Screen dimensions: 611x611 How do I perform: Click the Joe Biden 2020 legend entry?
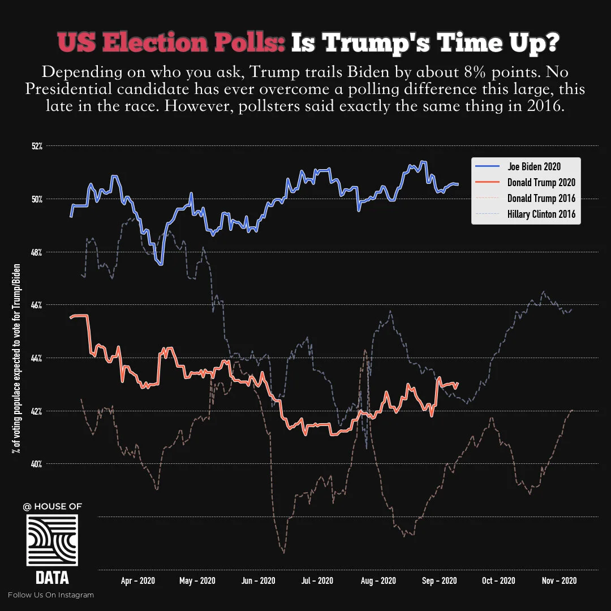[x=533, y=166]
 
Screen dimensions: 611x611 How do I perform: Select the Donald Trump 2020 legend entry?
[x=541, y=182]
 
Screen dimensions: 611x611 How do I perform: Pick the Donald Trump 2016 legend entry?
[x=541, y=198]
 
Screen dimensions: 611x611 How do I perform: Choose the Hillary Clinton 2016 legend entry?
[x=541, y=214]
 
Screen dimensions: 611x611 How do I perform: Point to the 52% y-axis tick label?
[x=37, y=146]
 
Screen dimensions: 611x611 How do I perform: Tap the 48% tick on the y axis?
[x=37, y=252]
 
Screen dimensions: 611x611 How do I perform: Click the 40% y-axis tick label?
[x=37, y=464]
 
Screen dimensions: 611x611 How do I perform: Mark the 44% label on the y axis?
[x=37, y=358]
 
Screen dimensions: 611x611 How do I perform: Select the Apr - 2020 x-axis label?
[x=138, y=580]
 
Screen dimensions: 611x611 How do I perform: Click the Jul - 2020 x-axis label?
[x=317, y=580]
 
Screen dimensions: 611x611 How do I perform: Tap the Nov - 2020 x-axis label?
[x=559, y=580]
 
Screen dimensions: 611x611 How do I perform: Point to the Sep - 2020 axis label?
[x=440, y=580]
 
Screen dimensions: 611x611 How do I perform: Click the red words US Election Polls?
[x=171, y=44]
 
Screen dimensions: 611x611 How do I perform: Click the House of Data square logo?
[x=52, y=540]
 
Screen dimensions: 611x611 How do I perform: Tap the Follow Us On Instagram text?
[x=51, y=595]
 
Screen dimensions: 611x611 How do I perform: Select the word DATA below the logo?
[x=52, y=578]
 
